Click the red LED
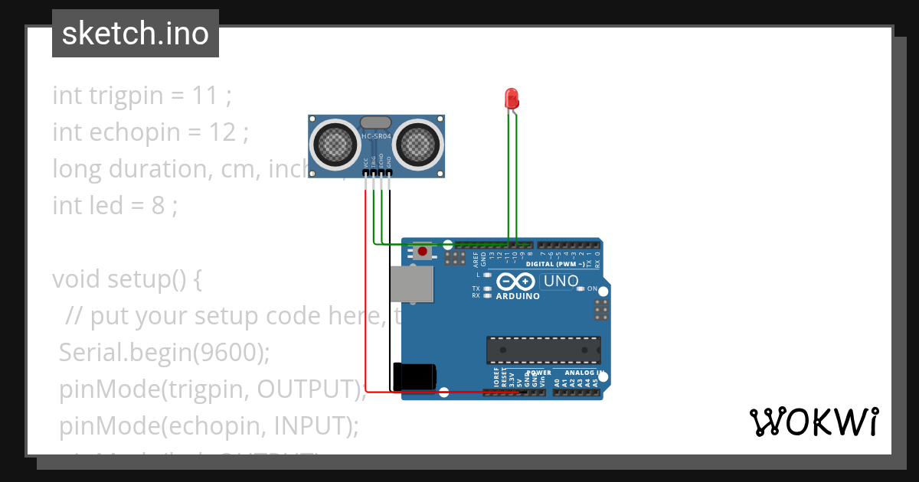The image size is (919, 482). [x=512, y=99]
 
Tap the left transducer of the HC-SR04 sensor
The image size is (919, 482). [x=335, y=143]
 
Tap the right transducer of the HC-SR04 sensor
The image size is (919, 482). [x=418, y=143]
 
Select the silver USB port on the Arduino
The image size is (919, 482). [x=410, y=285]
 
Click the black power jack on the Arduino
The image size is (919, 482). [x=414, y=376]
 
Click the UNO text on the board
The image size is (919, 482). [x=561, y=282]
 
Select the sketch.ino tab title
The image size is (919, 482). [x=136, y=34]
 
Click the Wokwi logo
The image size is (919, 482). [x=813, y=422]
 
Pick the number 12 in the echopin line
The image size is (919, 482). [x=223, y=132]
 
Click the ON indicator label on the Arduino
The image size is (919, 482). [x=592, y=288]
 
